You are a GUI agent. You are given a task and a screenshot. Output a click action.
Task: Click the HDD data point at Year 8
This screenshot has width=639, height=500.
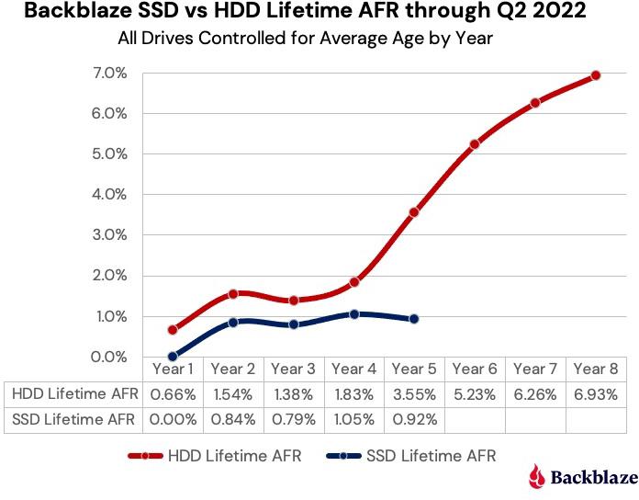[596, 75]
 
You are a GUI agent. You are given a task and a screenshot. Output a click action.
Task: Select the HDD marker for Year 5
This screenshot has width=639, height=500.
[414, 212]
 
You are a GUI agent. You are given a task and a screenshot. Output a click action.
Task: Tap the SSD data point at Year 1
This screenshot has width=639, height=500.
[173, 357]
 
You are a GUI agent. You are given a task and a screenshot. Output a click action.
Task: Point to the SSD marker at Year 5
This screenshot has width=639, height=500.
[414, 319]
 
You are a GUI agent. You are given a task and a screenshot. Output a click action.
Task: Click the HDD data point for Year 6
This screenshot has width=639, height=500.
[475, 144]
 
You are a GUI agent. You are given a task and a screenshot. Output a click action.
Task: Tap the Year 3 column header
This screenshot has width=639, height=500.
[293, 369]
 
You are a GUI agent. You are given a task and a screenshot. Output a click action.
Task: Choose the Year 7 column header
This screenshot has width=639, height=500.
[535, 369]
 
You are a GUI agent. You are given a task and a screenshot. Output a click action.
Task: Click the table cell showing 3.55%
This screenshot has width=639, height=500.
[414, 394]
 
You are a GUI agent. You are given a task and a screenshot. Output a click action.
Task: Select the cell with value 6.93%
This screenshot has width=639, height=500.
[596, 394]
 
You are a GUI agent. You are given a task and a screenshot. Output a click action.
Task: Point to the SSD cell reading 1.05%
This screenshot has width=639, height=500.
[353, 419]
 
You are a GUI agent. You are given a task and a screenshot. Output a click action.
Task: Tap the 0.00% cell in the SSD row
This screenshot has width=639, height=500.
[173, 419]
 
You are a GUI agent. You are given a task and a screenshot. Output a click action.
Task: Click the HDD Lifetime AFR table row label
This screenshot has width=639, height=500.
[74, 394]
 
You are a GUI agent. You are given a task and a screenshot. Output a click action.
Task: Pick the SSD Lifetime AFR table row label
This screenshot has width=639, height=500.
[74, 419]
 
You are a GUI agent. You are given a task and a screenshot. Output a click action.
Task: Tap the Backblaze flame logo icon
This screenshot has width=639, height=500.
[537, 476]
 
